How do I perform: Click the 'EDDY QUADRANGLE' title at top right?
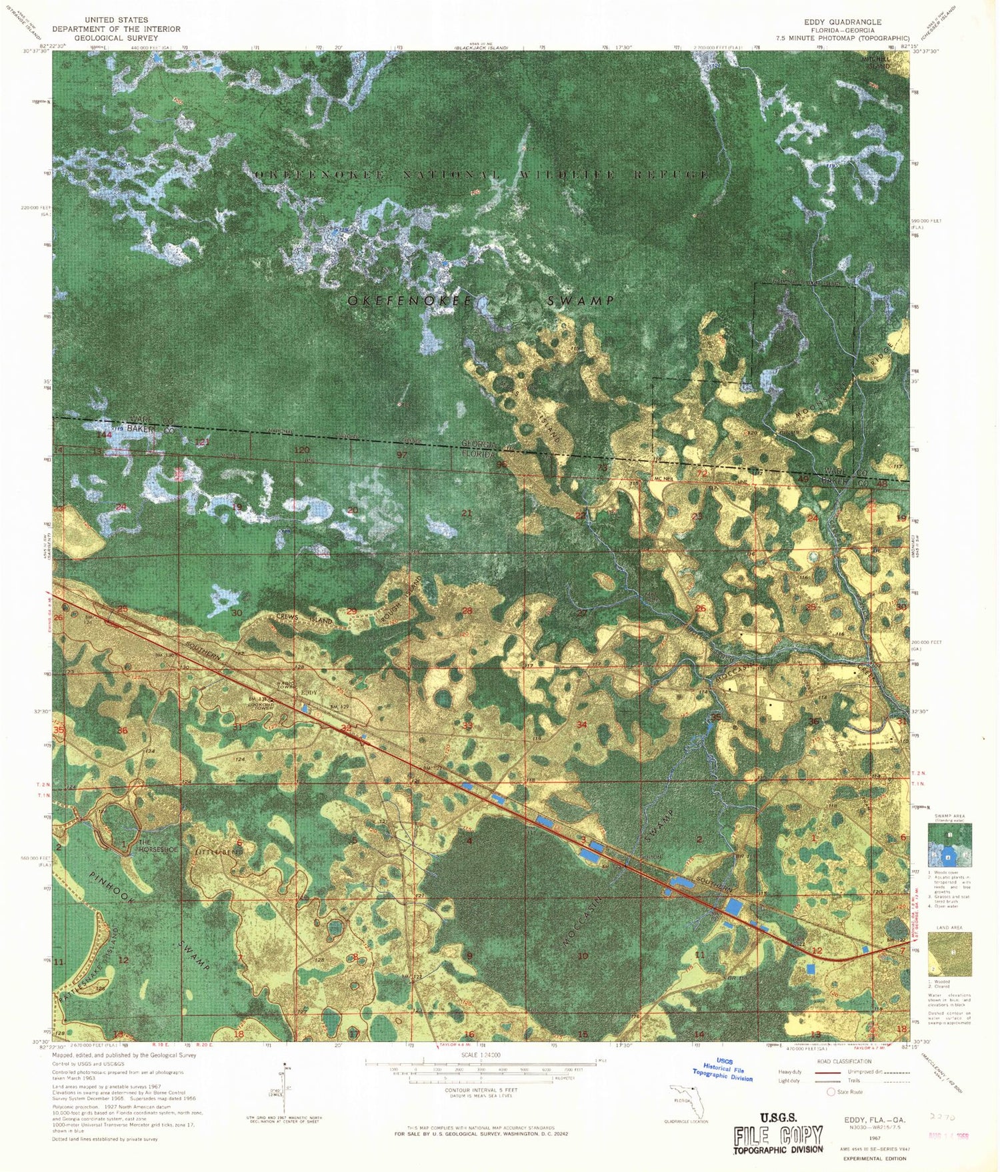(x=842, y=22)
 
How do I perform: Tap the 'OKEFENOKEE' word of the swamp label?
(x=409, y=301)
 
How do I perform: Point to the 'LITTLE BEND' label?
(x=219, y=853)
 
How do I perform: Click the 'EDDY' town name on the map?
(x=309, y=693)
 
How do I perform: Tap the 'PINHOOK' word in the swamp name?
(x=111, y=886)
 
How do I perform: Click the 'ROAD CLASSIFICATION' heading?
(x=843, y=1061)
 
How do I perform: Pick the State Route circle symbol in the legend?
(x=831, y=1092)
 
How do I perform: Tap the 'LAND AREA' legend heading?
(x=949, y=927)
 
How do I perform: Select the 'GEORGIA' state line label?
(x=480, y=444)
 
